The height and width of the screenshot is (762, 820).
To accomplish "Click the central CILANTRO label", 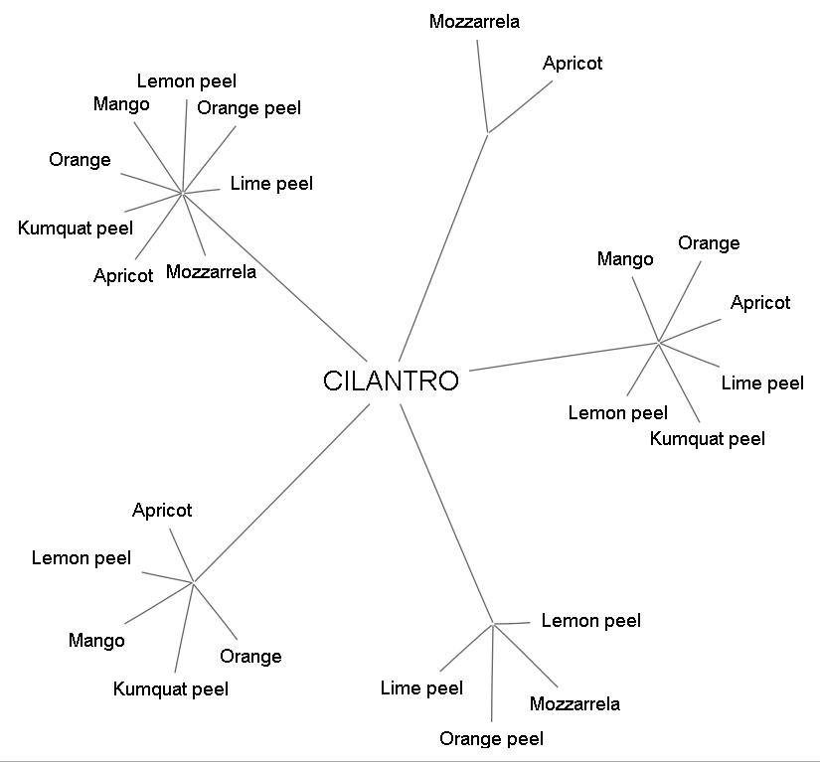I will pos(392,381).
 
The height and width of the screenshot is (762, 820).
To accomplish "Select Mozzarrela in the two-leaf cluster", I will pos(474,21).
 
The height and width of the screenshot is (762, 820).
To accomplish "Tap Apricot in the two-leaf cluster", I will pos(573,63).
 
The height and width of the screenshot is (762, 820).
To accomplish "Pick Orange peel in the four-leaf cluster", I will pos(491,738).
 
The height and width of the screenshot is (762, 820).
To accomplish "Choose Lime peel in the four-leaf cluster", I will pos(421,687).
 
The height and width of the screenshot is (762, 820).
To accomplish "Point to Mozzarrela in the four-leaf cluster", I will pos(574,703).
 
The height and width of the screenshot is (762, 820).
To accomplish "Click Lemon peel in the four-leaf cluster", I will pos(590,621).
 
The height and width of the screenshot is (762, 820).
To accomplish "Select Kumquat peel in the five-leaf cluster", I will pos(171,688).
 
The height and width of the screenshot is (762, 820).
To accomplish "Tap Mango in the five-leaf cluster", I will pos(96,641).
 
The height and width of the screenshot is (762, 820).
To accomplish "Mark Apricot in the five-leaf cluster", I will pos(162,511).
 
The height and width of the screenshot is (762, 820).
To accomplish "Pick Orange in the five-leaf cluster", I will pos(250,656).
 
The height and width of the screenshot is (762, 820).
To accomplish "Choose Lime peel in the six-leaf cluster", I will pos(762,382).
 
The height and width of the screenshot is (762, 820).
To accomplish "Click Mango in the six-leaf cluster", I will pos(625,259).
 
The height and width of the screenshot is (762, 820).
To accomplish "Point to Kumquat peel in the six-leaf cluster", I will pos(708,438).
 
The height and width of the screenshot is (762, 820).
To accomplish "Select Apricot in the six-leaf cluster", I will pos(760,302).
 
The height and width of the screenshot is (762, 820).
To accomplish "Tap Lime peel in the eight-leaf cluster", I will pos(271,183).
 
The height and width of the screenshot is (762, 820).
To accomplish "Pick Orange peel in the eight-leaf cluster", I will pos(248,107).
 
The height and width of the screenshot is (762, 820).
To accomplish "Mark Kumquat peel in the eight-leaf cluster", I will pos(76,229).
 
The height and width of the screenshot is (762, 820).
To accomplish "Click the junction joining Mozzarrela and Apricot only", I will pos(487,131).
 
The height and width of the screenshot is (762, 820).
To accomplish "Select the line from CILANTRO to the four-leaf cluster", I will pos(447,515).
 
